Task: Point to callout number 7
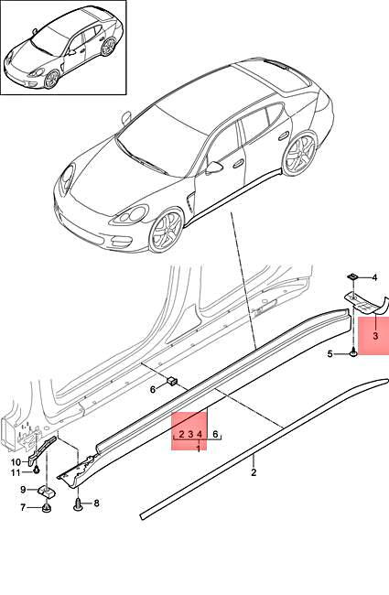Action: pyautogui.click(x=23, y=508)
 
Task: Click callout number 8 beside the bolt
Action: pyautogui.click(x=95, y=503)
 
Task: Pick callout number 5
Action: pyautogui.click(x=330, y=354)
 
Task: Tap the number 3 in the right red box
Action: pyautogui.click(x=375, y=337)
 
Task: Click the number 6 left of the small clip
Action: pyautogui.click(x=154, y=389)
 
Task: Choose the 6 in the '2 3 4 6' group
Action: pyautogui.click(x=216, y=435)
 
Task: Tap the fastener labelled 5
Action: pyautogui.click(x=352, y=352)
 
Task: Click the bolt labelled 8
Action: pyautogui.click(x=78, y=502)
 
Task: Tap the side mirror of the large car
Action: pyautogui.click(x=214, y=167)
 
